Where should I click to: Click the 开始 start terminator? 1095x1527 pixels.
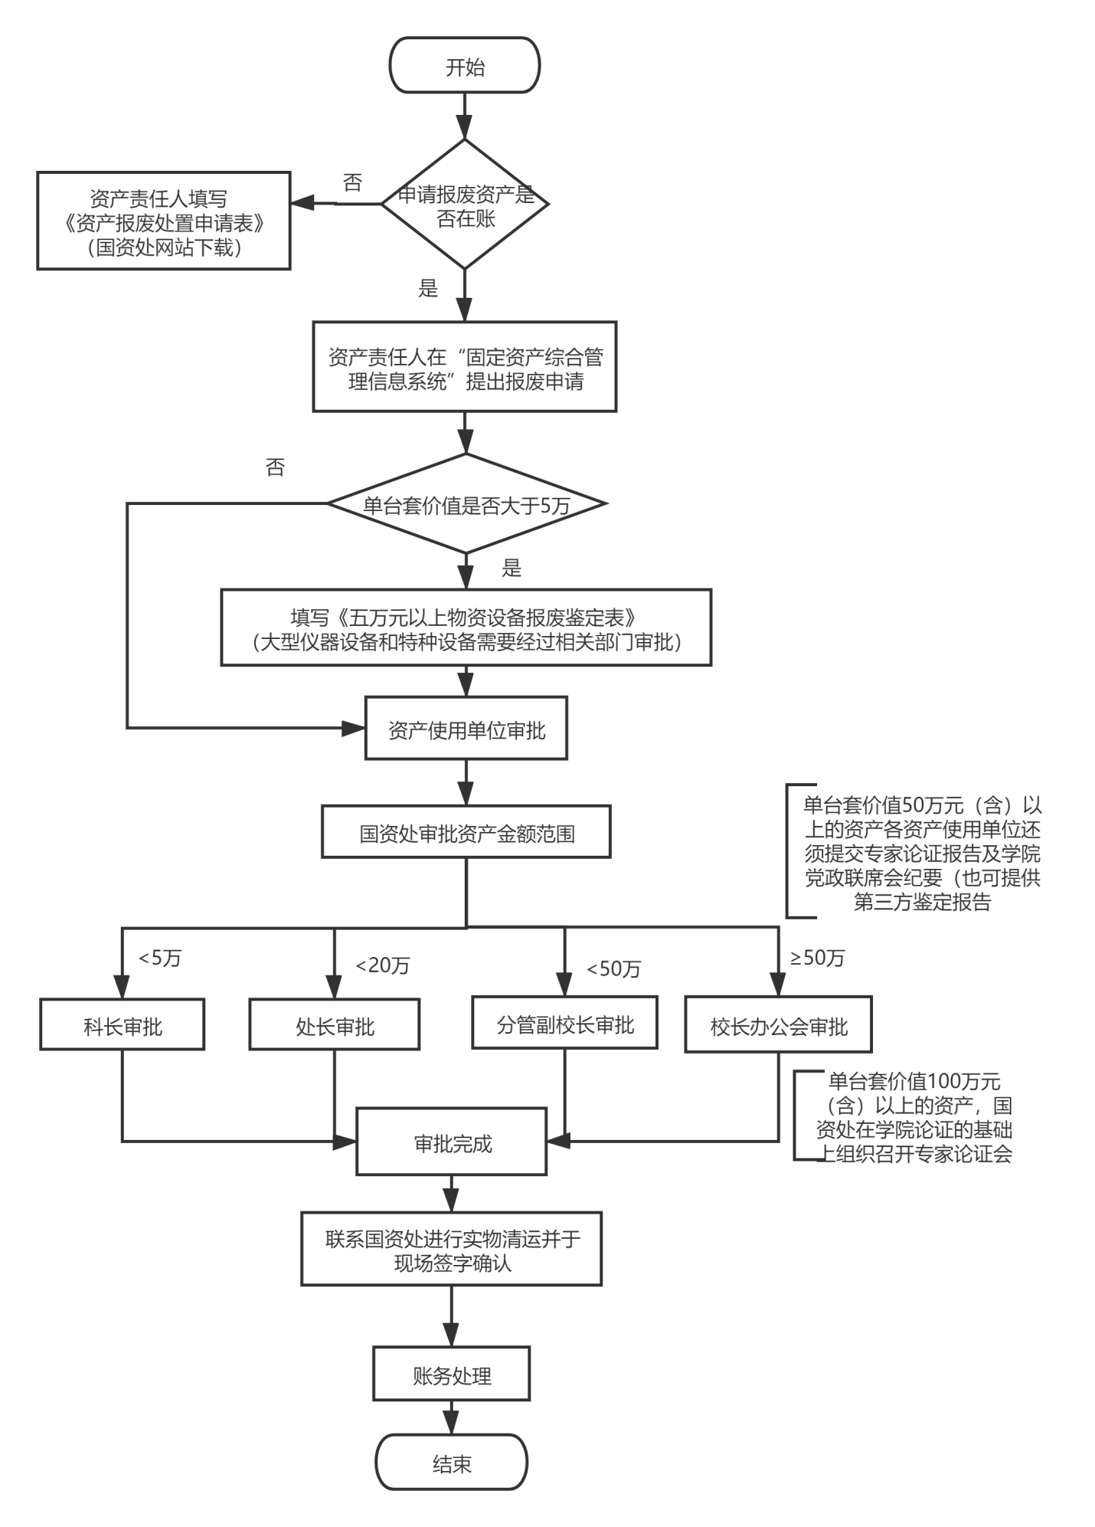point(465,66)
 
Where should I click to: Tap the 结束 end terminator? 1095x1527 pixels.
point(452,1463)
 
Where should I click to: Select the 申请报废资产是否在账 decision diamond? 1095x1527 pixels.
point(466,205)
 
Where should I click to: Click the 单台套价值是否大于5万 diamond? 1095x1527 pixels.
point(466,504)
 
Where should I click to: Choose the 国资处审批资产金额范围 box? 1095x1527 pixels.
point(466,832)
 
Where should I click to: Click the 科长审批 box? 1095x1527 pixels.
point(123,1025)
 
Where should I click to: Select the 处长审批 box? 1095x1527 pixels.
point(335,1025)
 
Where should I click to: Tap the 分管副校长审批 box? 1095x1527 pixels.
point(564,1023)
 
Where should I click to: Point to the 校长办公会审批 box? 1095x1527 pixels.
point(778,1025)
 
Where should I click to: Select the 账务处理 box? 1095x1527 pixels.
point(452,1375)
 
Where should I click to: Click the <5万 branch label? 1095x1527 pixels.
point(159,958)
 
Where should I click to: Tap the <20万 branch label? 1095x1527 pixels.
point(382,965)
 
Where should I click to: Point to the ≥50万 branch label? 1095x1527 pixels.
point(817,958)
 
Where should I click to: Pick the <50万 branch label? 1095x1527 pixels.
point(613,968)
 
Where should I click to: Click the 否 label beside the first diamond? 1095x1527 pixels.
point(352,183)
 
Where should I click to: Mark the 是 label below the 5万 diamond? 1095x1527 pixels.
point(511,568)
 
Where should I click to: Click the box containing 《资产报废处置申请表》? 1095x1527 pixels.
point(164,221)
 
